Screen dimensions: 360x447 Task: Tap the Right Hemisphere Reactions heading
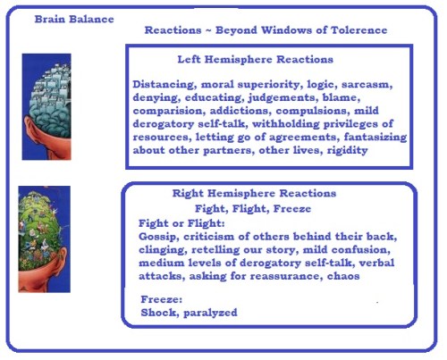(x=254, y=193)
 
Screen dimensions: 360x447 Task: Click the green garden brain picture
(x=45, y=239)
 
